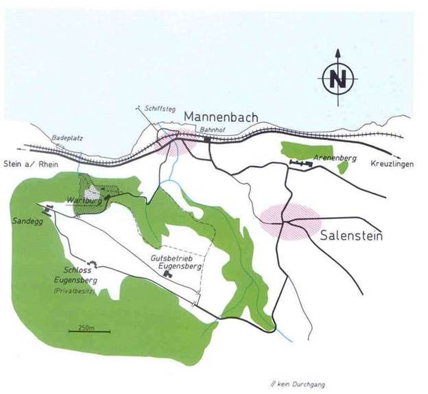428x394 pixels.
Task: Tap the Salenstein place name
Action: (350, 236)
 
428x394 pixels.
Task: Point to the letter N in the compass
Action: (337, 80)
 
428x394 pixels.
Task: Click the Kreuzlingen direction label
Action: (392, 165)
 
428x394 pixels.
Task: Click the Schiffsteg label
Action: (157, 108)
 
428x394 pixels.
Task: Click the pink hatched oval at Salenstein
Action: (289, 220)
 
